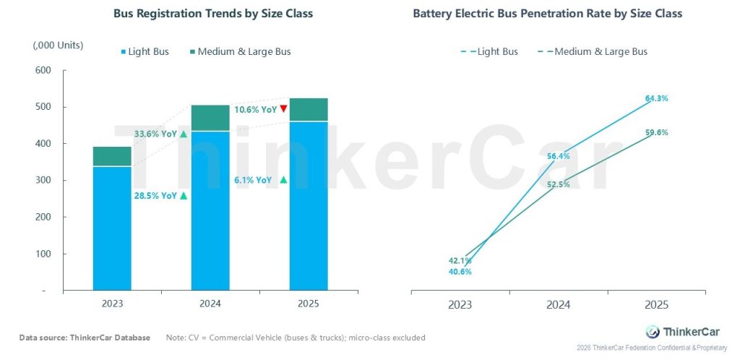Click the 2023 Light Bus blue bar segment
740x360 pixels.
click(x=112, y=228)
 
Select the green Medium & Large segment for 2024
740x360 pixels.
click(x=210, y=118)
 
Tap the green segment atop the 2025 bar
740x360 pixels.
click(x=309, y=109)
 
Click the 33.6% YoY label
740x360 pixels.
click(x=155, y=134)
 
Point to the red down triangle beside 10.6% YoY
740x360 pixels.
click(x=284, y=109)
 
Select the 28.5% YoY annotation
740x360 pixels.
click(x=155, y=195)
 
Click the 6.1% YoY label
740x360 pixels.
click(x=254, y=180)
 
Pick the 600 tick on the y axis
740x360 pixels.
click(x=43, y=70)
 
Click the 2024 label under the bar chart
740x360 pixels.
click(x=210, y=304)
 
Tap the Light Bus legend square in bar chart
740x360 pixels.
click(x=124, y=52)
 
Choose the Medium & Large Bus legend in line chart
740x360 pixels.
click(x=593, y=51)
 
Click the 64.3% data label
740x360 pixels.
click(x=657, y=98)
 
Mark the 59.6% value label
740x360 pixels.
click(x=657, y=133)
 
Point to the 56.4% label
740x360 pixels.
click(x=559, y=155)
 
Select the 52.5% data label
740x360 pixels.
click(x=559, y=184)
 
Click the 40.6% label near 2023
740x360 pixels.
click(x=460, y=272)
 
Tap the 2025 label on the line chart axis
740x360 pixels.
click(x=657, y=305)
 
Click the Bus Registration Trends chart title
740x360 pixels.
click(x=213, y=14)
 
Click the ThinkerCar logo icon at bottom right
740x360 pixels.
click(x=653, y=332)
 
